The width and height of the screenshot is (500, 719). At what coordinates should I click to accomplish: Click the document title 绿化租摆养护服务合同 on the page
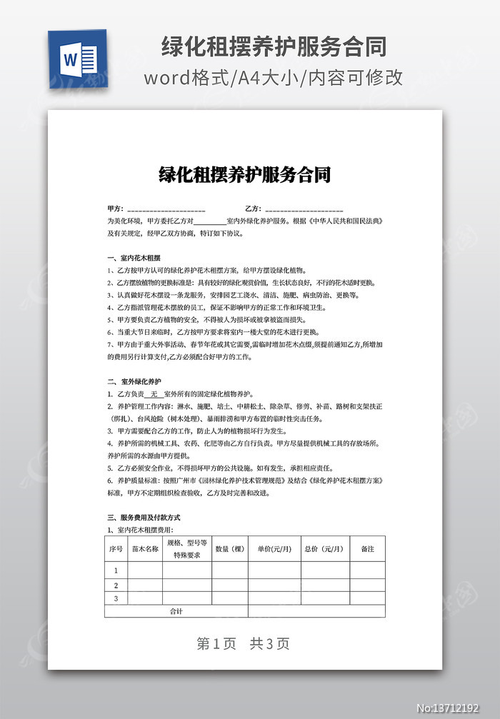(244, 175)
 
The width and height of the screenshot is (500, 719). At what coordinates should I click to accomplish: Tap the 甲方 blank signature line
(166, 210)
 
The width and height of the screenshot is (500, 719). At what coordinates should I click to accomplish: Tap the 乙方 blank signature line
(304, 210)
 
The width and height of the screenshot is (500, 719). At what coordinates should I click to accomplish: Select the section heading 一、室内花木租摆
(134, 258)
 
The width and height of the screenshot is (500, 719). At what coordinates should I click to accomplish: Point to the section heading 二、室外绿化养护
(134, 382)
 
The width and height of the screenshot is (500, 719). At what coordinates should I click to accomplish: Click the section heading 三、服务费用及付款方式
(143, 517)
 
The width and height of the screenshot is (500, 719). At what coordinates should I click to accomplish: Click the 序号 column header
(116, 548)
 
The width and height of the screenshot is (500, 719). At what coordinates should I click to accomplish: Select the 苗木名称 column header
(146, 548)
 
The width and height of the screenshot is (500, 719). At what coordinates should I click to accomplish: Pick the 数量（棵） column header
(229, 548)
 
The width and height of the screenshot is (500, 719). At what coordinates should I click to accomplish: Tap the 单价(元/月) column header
(274, 548)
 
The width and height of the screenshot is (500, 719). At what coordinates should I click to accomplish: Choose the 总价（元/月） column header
(324, 548)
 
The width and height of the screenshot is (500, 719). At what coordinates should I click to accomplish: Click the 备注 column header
(367, 548)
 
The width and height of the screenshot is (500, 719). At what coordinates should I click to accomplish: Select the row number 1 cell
(116, 570)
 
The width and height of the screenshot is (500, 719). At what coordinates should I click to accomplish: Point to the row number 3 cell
(116, 598)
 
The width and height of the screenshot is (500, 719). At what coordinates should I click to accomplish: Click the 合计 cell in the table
(176, 611)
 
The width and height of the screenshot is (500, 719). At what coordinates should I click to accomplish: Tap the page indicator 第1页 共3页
(243, 643)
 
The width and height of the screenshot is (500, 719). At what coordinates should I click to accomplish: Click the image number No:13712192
(456, 708)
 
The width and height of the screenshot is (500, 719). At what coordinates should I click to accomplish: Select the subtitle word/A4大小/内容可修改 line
(274, 78)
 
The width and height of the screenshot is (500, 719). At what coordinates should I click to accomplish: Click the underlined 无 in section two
(154, 394)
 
